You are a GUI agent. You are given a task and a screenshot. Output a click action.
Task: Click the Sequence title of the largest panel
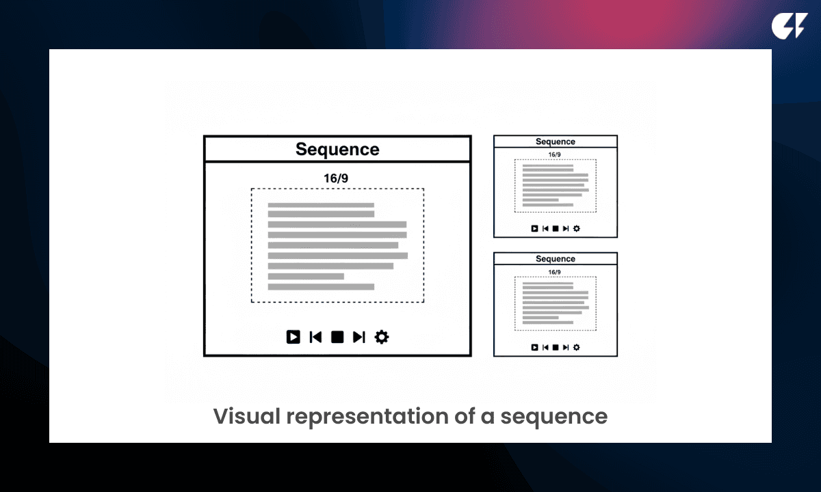pos(337,149)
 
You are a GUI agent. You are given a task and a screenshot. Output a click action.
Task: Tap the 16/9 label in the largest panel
pos(337,178)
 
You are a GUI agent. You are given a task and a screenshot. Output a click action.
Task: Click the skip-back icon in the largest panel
pos(315,337)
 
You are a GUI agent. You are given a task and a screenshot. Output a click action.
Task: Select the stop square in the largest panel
pos(337,337)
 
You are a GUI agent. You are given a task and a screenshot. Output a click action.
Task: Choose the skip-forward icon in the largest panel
pos(359,337)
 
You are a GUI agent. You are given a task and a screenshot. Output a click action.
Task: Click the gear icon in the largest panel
pos(382,337)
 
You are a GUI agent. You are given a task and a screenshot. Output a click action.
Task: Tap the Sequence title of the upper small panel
pos(556,141)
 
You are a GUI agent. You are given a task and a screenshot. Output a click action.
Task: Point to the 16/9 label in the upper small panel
pos(555,154)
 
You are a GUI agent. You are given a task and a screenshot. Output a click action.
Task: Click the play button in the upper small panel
pos(535,229)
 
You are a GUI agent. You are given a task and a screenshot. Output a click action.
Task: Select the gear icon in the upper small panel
pos(576,229)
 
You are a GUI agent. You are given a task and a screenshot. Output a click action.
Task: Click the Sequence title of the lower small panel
pos(556,259)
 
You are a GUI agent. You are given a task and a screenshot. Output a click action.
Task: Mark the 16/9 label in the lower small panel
pos(555,272)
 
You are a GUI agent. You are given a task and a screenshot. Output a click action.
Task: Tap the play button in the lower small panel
pos(535,347)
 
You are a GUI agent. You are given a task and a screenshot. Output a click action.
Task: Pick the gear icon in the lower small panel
pos(576,347)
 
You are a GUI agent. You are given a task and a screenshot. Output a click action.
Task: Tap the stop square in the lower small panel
pos(556,347)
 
